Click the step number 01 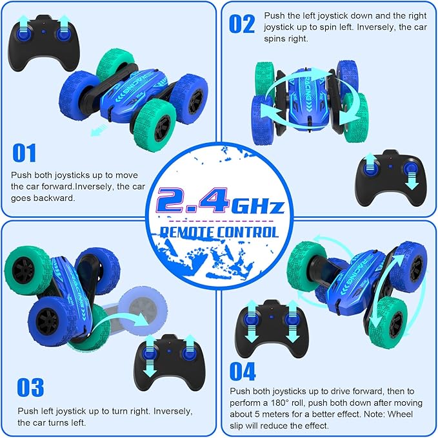pyautogui.click(x=25, y=153)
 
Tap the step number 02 pyautogui.click(x=242, y=24)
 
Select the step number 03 pyautogui.click(x=30, y=387)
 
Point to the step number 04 pyautogui.click(x=243, y=371)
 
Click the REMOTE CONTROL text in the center pyautogui.click(x=219, y=232)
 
